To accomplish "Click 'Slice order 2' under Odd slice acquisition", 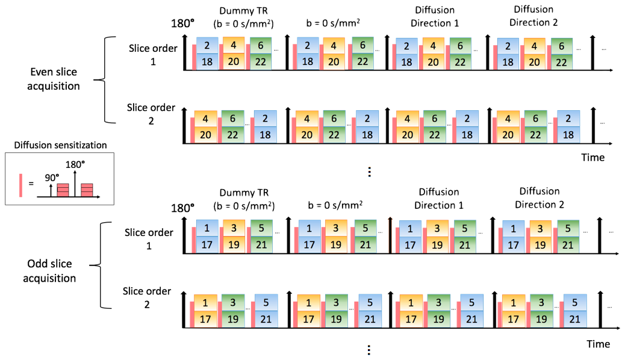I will tap(148, 297).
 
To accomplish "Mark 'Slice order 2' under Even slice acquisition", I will tap(151, 114).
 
